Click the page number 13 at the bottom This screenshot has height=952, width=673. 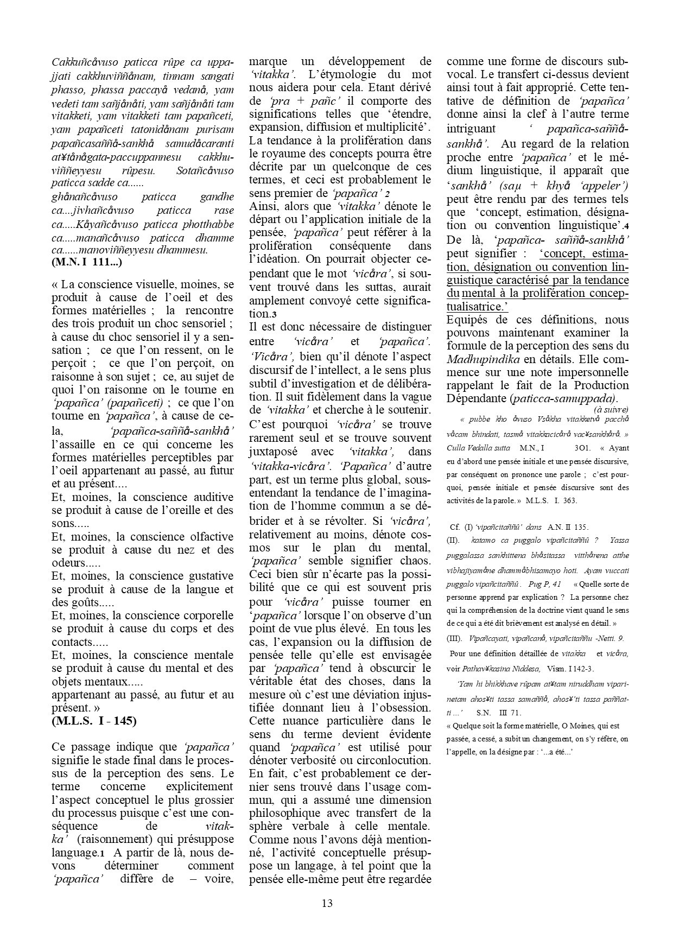pyautogui.click(x=327, y=903)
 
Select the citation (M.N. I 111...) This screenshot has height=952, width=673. pyautogui.click(x=87, y=263)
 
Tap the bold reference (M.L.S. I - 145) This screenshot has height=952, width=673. pyautogui.click(x=94, y=721)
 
